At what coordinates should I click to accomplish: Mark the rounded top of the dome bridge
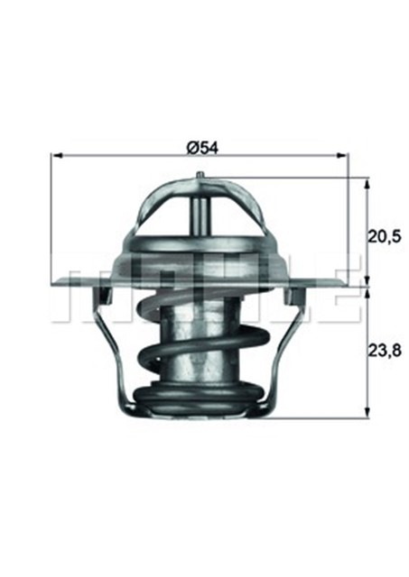tap(200, 181)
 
